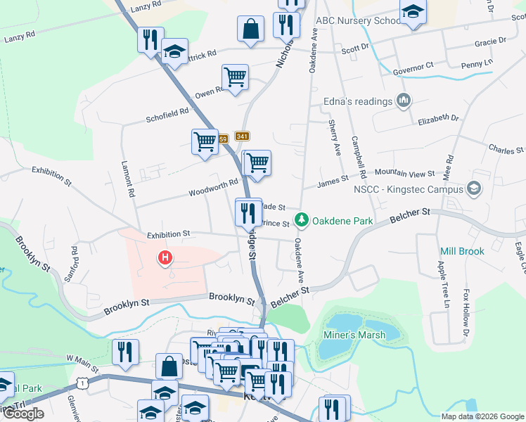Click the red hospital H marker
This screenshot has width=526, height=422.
click(165, 258)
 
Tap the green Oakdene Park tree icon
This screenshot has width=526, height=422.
click(302, 221)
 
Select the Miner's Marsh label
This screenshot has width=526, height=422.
click(354, 335)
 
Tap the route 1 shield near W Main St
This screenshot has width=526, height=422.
click(84, 382)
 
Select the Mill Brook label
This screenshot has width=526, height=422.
click(462, 251)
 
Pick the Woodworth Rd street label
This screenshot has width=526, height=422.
click(214, 188)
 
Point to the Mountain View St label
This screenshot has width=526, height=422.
click(404, 173)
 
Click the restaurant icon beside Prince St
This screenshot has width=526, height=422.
click(248, 212)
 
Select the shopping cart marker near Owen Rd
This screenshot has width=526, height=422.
click(235, 77)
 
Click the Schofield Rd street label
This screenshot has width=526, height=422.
click(167, 111)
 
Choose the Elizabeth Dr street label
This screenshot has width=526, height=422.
click(437, 120)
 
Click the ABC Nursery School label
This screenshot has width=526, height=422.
click(359, 20)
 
